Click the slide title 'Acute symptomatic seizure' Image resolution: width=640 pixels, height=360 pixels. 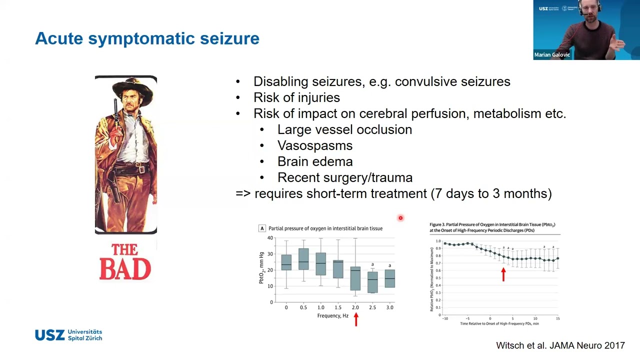click(x=147, y=38)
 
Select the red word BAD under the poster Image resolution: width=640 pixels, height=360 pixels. click(x=125, y=269)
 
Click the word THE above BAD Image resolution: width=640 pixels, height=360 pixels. click(x=124, y=250)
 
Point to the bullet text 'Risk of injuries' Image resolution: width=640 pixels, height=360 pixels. click(x=296, y=97)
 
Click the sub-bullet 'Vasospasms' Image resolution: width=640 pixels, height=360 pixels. click(x=314, y=145)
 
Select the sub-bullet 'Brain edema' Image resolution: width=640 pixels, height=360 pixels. click(x=314, y=161)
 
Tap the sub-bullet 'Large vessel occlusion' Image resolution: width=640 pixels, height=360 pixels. click(x=344, y=129)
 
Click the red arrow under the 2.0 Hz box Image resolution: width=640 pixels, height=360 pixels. click(x=356, y=319)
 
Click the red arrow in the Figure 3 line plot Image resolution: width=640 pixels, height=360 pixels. click(x=503, y=274)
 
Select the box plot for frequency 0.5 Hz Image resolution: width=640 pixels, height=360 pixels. click(x=303, y=259)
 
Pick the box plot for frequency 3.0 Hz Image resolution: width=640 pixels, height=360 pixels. click(x=389, y=278)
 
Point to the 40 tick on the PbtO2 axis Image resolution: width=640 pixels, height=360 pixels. click(x=270, y=238)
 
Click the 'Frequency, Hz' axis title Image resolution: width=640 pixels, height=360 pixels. click(x=332, y=315)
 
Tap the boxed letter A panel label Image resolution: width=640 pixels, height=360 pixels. click(x=261, y=228)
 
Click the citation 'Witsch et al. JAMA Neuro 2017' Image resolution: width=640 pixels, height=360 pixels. click(x=560, y=345)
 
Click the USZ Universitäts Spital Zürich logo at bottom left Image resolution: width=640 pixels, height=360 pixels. click(x=68, y=335)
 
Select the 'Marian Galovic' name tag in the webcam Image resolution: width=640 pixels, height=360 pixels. click(x=551, y=55)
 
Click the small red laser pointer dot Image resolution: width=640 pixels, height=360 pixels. click(x=400, y=218)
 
